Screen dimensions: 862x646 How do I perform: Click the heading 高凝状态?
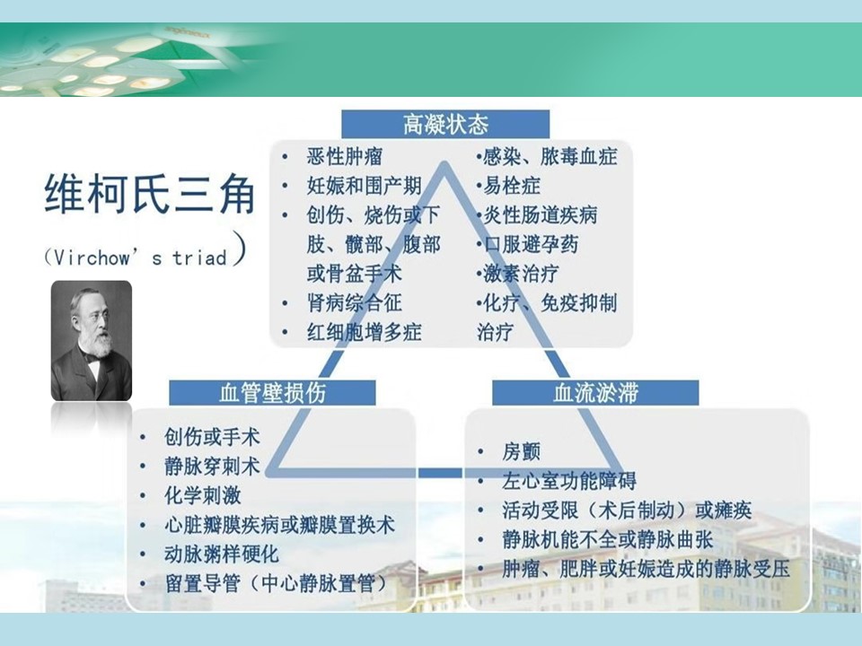click(x=445, y=124)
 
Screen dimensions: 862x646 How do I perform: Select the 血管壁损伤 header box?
click(x=272, y=393)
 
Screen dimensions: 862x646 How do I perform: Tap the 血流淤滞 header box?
click(x=595, y=393)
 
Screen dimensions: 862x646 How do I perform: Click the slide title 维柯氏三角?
click(x=150, y=194)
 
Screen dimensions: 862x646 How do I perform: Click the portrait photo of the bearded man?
click(x=92, y=341)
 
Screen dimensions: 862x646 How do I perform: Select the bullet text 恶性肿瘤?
click(x=345, y=156)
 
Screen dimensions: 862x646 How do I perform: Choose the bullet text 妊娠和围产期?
click(x=364, y=186)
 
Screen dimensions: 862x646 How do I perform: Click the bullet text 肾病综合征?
click(x=354, y=302)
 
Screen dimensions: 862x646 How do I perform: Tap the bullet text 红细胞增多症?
click(x=364, y=332)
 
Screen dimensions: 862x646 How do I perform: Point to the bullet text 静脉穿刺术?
click(x=212, y=467)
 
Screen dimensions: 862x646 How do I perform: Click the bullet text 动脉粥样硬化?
click(x=222, y=554)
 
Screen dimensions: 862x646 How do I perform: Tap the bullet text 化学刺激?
click(x=202, y=495)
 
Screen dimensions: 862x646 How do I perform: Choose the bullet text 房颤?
click(x=521, y=451)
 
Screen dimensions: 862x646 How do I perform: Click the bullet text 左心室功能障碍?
click(x=569, y=481)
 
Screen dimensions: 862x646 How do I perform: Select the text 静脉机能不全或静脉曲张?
click(x=608, y=539)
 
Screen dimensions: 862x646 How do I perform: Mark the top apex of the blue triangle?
click(x=445, y=162)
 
